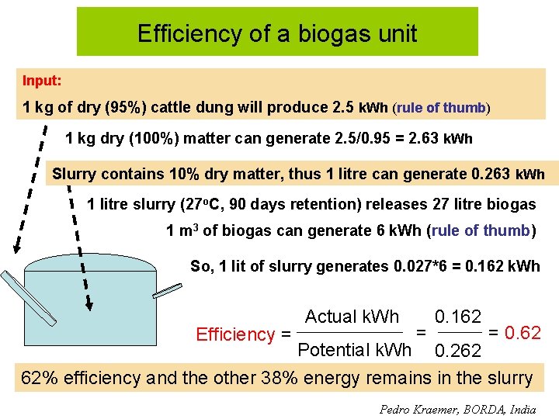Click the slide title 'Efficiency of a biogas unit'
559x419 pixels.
(277, 33)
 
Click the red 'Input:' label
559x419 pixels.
(42, 81)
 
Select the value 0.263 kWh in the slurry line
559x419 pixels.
(508, 174)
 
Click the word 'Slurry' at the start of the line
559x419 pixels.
(75, 174)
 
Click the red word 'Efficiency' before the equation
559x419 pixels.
(235, 334)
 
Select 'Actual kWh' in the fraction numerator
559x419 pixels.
(352, 317)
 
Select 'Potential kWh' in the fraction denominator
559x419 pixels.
(354, 350)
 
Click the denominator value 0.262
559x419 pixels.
(458, 351)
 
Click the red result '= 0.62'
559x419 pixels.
(514, 334)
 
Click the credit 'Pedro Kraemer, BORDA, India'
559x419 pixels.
(457, 409)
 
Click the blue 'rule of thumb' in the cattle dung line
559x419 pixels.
(441, 108)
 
